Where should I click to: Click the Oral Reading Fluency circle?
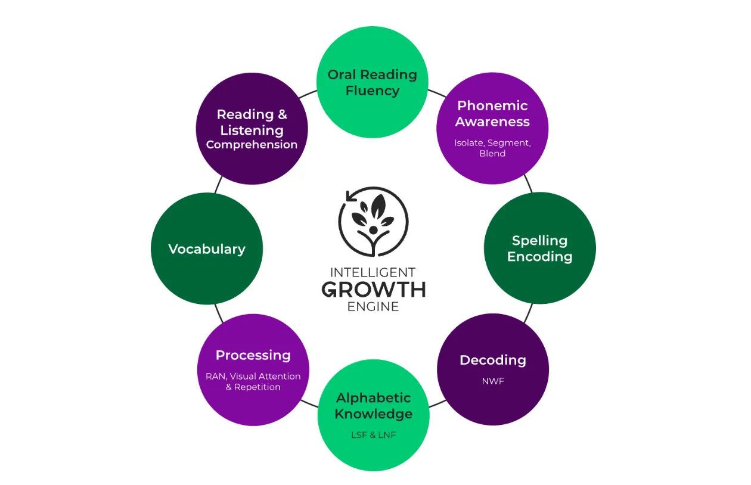[x=372, y=83]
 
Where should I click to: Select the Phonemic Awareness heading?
[x=493, y=113]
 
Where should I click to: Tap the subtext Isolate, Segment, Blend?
[x=492, y=148]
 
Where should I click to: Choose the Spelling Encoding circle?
[x=539, y=248]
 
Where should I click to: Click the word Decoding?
[x=493, y=360]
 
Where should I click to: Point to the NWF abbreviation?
[x=493, y=381]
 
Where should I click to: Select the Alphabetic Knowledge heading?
[x=374, y=406]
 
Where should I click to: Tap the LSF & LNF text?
[x=374, y=435]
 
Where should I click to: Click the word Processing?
[x=253, y=355]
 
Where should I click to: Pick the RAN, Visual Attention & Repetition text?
[x=253, y=381]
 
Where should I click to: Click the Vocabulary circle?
[x=207, y=248]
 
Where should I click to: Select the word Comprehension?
[x=252, y=145]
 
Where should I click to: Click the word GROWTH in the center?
[x=374, y=290]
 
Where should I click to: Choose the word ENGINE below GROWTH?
[x=374, y=307]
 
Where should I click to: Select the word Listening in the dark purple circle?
[x=252, y=130]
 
